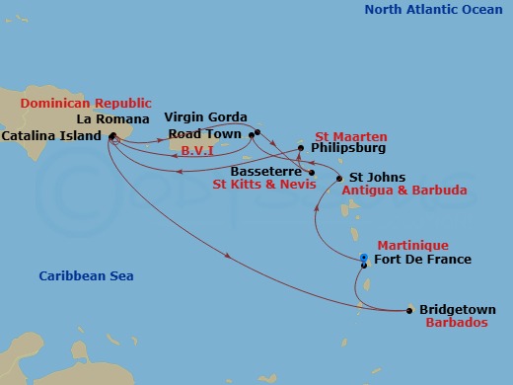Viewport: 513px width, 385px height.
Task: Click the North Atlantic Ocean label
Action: pyautogui.click(x=432, y=10)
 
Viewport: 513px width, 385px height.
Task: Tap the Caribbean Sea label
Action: pyautogui.click(x=87, y=276)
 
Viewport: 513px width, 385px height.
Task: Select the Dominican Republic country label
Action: pyautogui.click(x=86, y=103)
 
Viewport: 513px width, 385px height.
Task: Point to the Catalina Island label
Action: pyautogui.click(x=51, y=135)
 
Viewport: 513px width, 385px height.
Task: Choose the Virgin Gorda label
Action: pyautogui.click(x=205, y=116)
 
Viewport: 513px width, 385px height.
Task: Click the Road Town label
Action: pyautogui.click(x=206, y=133)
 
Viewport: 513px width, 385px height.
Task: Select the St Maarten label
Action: pyautogui.click(x=350, y=135)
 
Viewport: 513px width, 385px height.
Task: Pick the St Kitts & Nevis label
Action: pyautogui.click(x=261, y=184)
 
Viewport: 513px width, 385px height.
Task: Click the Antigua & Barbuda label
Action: pyautogui.click(x=403, y=191)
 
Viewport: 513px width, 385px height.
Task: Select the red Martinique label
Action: pyautogui.click(x=412, y=245)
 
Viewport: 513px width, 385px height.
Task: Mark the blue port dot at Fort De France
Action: pyautogui.click(x=364, y=259)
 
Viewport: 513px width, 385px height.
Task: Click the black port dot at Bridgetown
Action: pyautogui.click(x=409, y=310)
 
